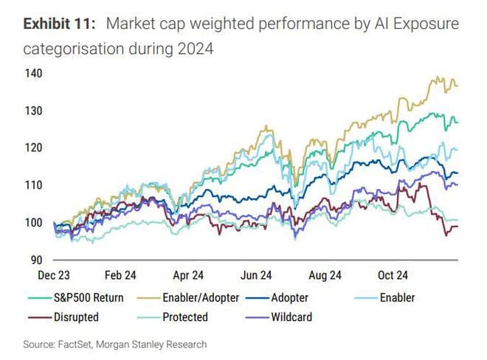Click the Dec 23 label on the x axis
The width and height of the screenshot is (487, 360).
coord(55,275)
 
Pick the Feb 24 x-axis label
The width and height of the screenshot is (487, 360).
coord(121,275)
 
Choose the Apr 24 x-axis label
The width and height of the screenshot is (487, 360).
coord(188,275)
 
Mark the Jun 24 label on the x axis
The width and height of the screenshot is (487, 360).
coord(256,275)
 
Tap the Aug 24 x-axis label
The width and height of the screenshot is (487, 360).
coord(324,275)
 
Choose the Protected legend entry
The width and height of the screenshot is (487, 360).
coord(185,317)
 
